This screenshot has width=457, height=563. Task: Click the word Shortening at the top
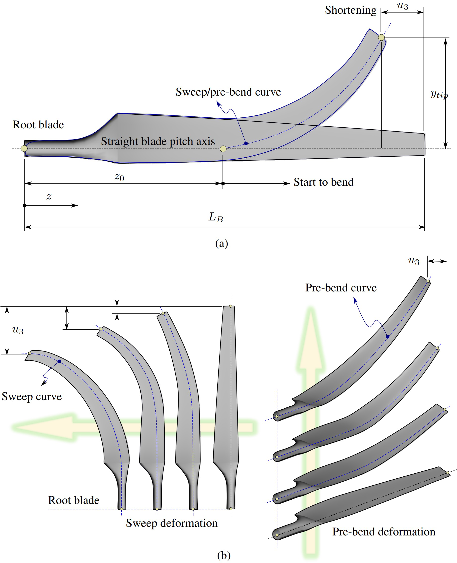(350, 10)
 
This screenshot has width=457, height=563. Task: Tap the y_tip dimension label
(439, 94)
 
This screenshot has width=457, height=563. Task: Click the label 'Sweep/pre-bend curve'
(228, 92)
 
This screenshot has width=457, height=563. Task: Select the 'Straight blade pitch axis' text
(158, 141)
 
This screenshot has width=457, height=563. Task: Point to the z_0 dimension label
(119, 177)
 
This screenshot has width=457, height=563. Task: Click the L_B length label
(216, 217)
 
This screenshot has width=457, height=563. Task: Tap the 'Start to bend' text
(323, 182)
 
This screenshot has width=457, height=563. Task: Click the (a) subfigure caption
(221, 243)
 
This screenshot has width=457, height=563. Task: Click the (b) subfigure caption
(224, 555)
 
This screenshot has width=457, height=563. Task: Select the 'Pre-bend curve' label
(341, 288)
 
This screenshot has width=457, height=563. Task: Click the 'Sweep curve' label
(32, 397)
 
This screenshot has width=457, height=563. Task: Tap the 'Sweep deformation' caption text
(172, 523)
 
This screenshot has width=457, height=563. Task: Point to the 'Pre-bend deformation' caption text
(383, 532)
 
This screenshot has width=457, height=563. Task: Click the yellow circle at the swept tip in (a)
(381, 38)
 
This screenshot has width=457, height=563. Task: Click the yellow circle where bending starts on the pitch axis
(223, 149)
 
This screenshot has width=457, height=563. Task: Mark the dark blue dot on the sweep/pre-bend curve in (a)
(246, 143)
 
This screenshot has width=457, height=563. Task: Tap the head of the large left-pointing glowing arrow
(39, 427)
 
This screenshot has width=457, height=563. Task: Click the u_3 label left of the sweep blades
(18, 330)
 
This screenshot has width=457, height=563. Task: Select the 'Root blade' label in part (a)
(38, 125)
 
